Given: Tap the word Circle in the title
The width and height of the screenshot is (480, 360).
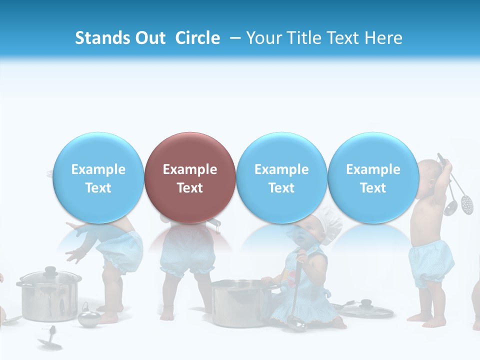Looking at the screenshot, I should (x=197, y=38).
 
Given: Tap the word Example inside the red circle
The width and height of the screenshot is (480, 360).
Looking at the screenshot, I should (x=190, y=169).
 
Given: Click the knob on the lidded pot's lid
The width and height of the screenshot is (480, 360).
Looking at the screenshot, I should (x=50, y=270).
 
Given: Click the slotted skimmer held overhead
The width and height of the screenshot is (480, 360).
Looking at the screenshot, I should (x=466, y=203).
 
